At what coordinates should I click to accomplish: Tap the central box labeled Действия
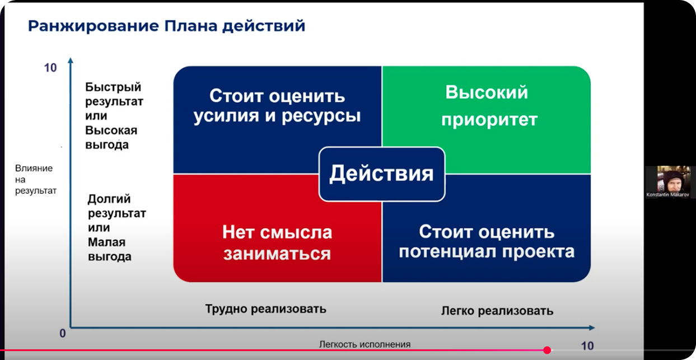click(x=382, y=174)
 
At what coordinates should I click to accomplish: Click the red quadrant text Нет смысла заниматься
click(x=277, y=243)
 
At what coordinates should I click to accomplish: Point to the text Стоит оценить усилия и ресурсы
click(x=277, y=106)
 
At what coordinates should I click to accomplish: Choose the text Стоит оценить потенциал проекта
click(x=487, y=242)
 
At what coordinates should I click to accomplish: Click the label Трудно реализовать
click(x=265, y=309)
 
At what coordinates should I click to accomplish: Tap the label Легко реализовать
click(x=497, y=311)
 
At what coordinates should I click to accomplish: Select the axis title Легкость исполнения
click(x=365, y=344)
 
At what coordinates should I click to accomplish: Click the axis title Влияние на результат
click(x=36, y=180)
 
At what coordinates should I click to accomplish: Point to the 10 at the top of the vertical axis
click(x=50, y=68)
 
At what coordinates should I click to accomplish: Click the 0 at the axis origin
click(x=63, y=334)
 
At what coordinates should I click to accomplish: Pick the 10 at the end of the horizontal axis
click(x=587, y=346)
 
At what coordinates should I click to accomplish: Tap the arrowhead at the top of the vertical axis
click(x=71, y=60)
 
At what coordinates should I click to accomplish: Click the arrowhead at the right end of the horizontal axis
click(x=592, y=328)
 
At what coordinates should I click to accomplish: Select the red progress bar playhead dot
click(x=547, y=350)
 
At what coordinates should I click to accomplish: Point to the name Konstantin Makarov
click(x=668, y=195)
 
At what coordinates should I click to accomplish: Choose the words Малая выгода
click(x=109, y=249)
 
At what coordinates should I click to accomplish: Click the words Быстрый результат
click(x=114, y=94)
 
